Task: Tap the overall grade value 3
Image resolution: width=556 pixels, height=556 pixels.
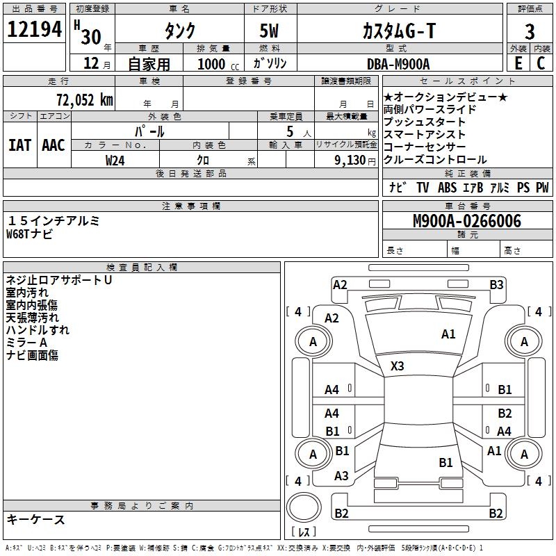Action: point(530,31)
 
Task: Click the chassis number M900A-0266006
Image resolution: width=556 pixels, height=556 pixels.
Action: point(466,221)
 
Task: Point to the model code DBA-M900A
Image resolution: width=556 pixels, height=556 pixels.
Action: point(398,64)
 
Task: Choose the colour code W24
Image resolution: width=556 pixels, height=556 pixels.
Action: point(115,160)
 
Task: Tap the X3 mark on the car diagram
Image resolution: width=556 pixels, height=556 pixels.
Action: point(398,366)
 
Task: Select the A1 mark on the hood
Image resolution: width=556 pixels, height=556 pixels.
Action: point(448,334)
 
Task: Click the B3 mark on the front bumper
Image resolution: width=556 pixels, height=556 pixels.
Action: point(496,284)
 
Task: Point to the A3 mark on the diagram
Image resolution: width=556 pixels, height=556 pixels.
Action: point(341,476)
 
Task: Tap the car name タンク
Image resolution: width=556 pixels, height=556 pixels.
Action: point(179,31)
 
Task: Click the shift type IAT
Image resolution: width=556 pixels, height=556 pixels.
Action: point(19,145)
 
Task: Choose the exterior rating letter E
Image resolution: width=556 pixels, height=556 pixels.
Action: point(518,63)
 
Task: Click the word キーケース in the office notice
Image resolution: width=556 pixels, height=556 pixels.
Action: point(35,520)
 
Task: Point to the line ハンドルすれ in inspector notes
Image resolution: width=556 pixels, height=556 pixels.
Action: point(38,330)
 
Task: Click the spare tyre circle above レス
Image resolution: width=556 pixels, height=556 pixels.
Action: point(303,508)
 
